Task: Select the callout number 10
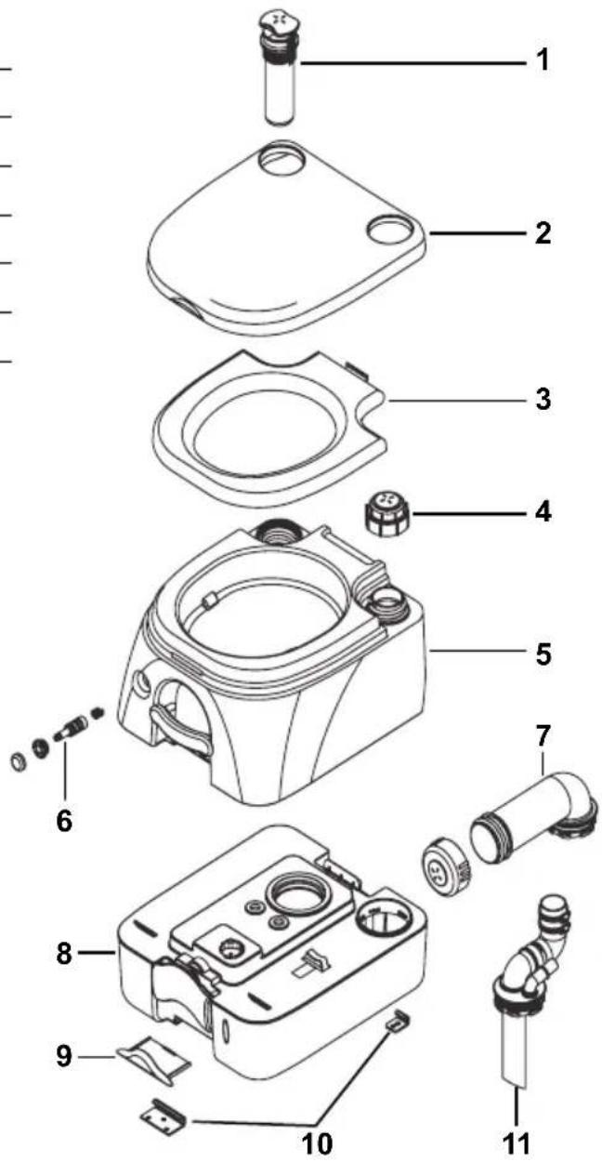(318, 1142)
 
